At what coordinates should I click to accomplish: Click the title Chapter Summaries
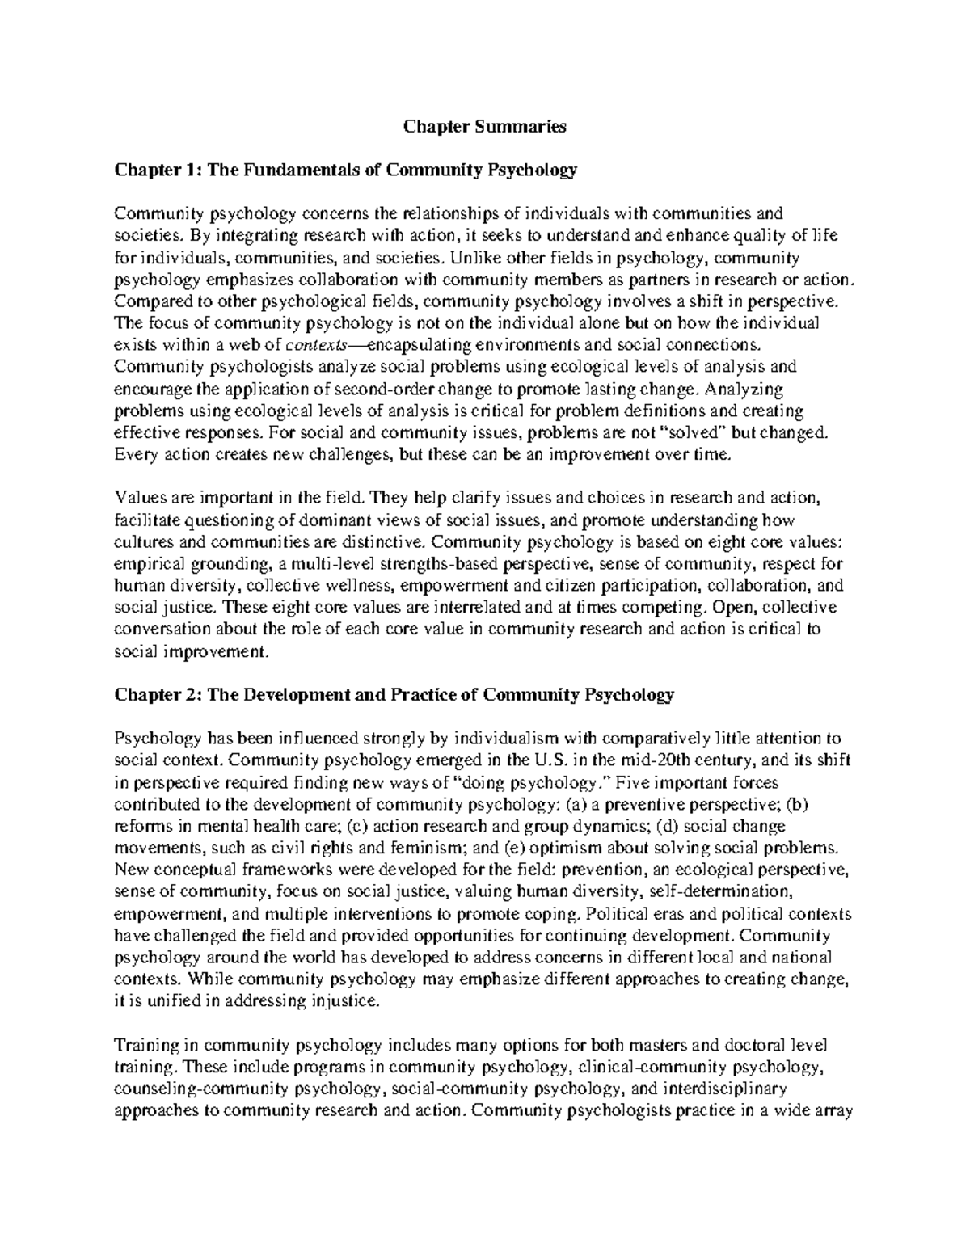click(x=485, y=126)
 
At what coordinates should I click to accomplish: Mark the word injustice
click(x=343, y=1000)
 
